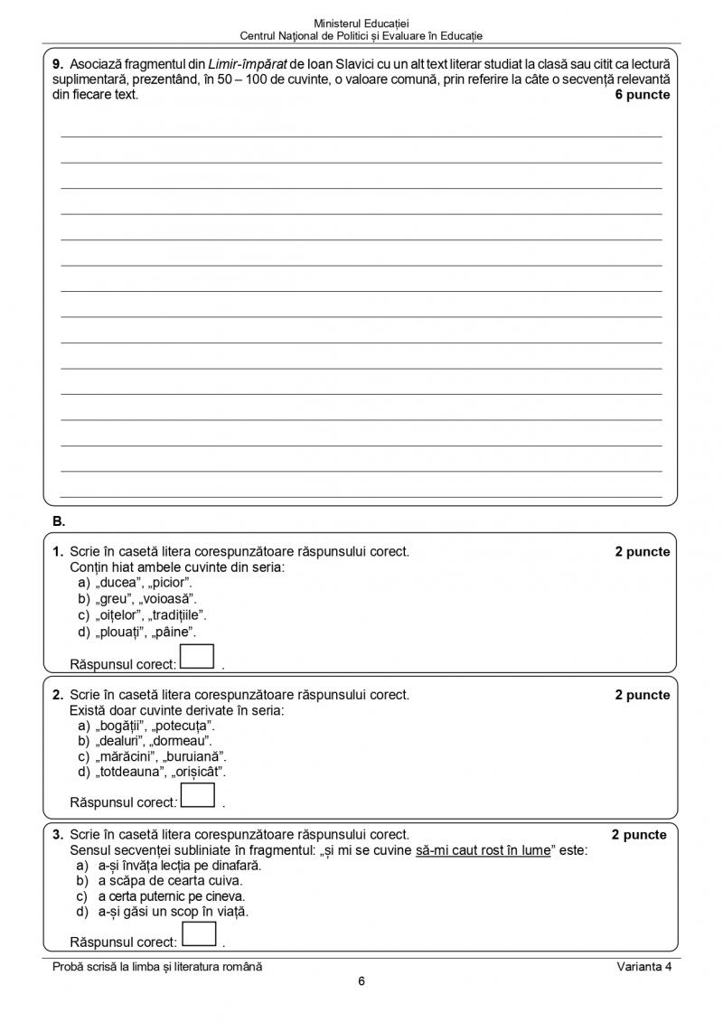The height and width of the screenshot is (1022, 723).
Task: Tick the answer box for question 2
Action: click(x=197, y=794)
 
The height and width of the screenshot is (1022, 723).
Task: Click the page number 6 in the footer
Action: click(x=361, y=983)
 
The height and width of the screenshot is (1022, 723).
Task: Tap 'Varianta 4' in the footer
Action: click(x=643, y=966)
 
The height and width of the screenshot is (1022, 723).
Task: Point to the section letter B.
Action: click(x=59, y=521)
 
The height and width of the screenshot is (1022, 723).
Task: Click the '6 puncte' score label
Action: click(x=643, y=94)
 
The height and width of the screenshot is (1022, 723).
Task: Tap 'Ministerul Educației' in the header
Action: click(x=361, y=22)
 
